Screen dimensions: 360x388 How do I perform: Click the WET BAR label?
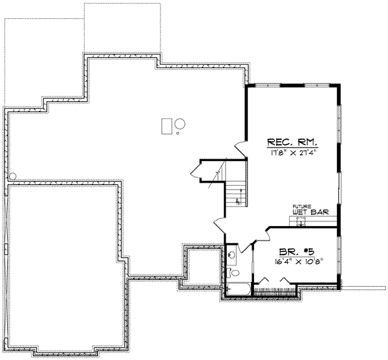point(307,212)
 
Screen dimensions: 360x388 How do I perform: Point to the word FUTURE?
point(302,205)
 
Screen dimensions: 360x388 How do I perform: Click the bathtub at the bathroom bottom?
point(237,288)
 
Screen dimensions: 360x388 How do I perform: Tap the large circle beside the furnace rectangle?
point(180,123)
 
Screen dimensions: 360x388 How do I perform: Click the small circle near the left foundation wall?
point(12,175)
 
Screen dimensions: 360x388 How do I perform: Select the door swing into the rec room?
point(241,148)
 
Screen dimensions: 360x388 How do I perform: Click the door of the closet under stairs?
point(197,172)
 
